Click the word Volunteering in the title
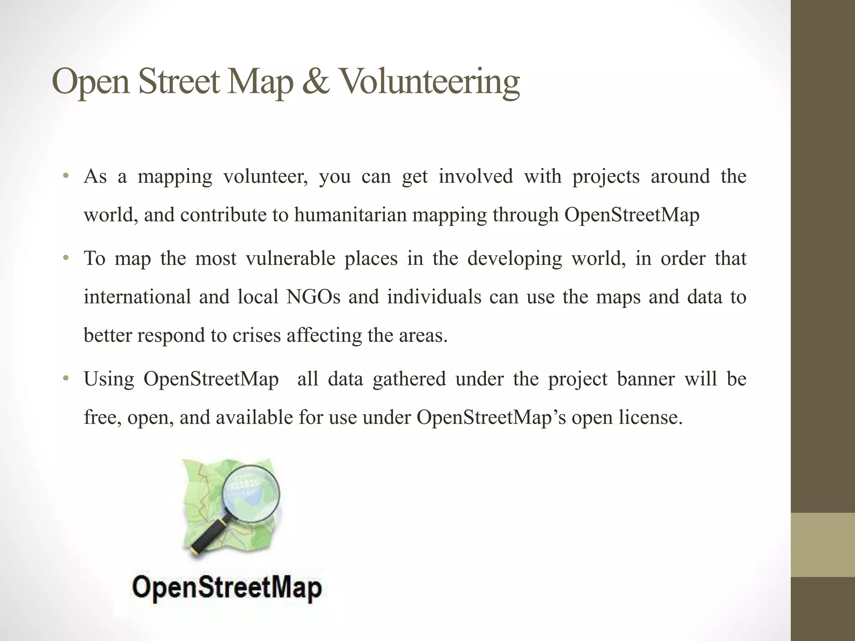(430, 82)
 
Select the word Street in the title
(179, 82)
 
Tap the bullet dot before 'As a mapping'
(65, 176)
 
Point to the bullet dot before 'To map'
(65, 258)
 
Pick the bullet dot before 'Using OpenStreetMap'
(65, 379)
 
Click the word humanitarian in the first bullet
(350, 215)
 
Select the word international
(137, 297)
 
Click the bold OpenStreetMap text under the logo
(227, 588)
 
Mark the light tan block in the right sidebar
(823, 545)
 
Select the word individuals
(434, 297)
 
